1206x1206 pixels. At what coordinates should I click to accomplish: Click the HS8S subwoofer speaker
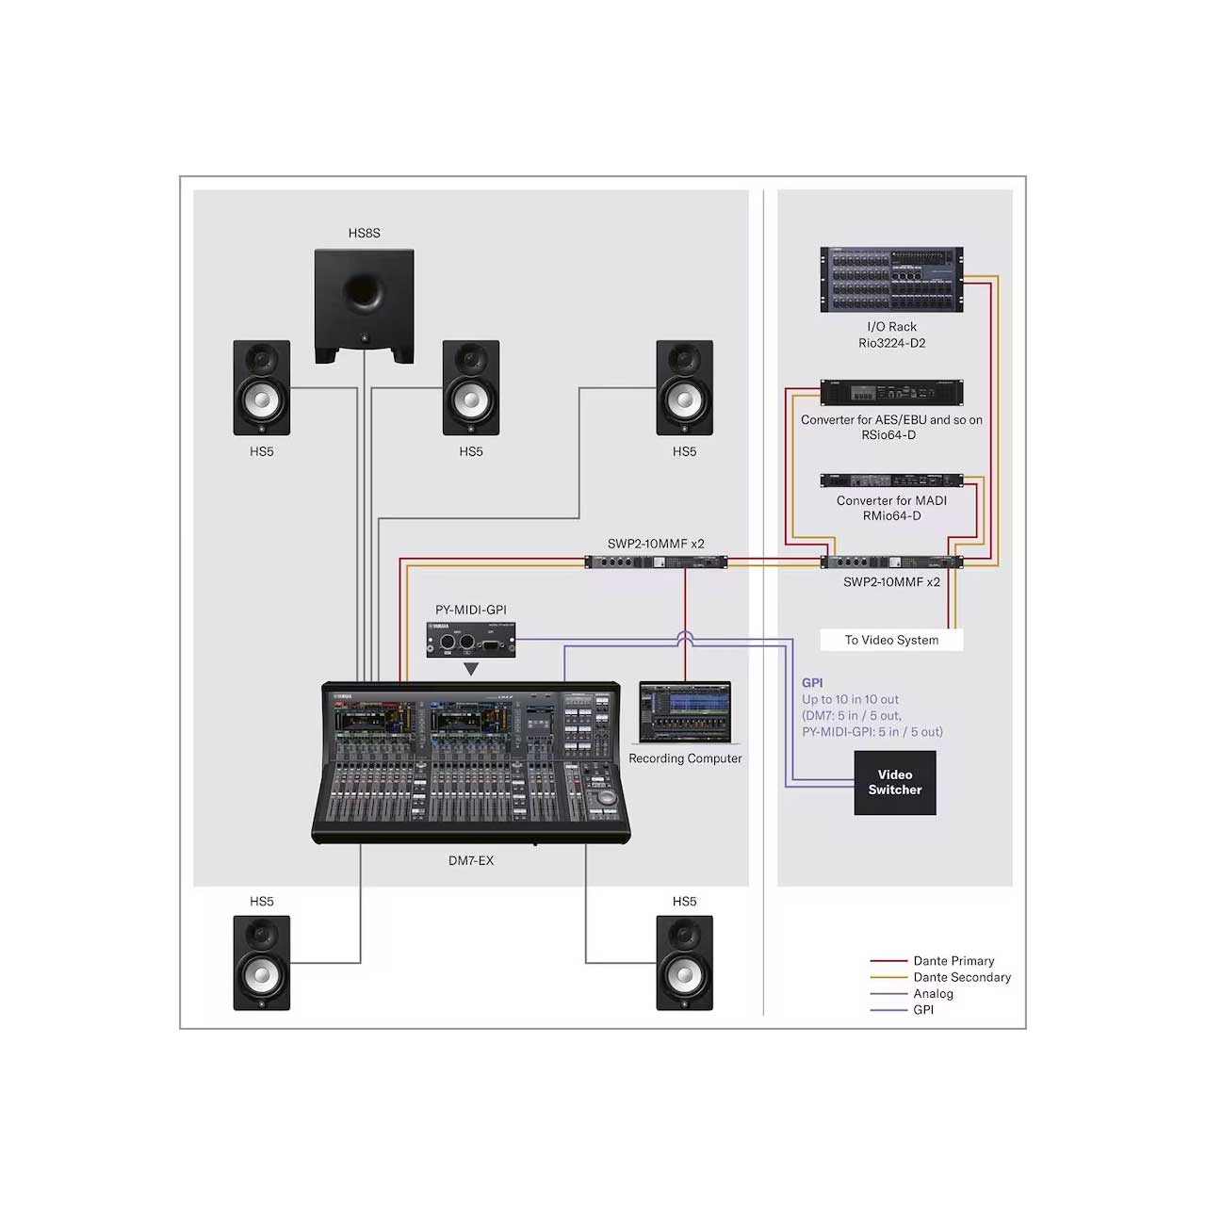(x=364, y=306)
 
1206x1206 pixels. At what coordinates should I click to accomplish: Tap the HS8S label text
(x=365, y=233)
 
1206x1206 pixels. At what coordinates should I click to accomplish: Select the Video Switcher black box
(x=894, y=782)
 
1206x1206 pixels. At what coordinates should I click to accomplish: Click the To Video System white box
(x=891, y=640)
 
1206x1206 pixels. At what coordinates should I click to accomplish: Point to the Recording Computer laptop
(x=685, y=713)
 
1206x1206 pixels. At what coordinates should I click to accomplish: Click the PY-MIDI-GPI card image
(x=471, y=639)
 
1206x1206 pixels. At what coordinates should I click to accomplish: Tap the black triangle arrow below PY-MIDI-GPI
(x=471, y=669)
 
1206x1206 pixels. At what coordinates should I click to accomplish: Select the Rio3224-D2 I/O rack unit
(x=891, y=279)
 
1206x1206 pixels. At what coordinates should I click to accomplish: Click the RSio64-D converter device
(x=891, y=392)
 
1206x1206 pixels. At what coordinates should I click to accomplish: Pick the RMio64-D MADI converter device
(x=891, y=480)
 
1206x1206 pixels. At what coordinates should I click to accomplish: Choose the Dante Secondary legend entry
(x=940, y=976)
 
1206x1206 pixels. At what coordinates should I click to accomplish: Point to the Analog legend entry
(x=911, y=992)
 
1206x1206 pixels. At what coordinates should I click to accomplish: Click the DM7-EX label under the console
(x=471, y=860)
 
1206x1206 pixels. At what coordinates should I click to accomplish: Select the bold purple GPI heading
(x=812, y=683)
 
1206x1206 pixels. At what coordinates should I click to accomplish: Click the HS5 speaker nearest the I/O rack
(x=684, y=387)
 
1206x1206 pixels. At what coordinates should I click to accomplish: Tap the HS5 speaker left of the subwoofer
(x=262, y=387)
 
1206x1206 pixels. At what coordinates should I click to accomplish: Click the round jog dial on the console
(x=605, y=798)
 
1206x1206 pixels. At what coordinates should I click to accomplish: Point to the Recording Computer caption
(x=685, y=758)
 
